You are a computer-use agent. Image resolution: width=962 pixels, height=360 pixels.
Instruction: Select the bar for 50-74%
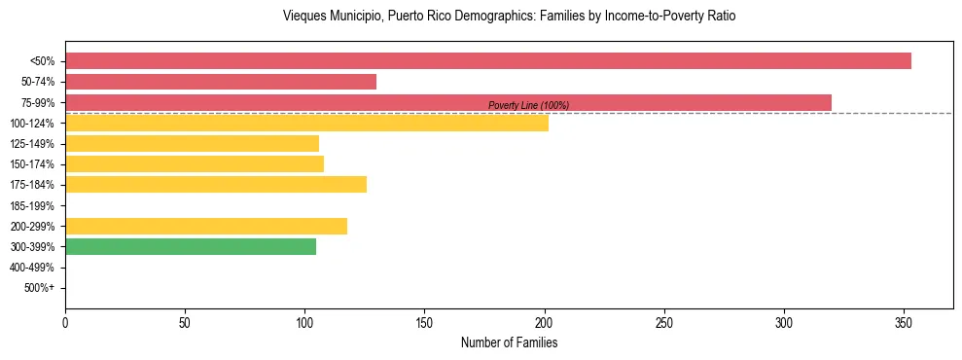221,82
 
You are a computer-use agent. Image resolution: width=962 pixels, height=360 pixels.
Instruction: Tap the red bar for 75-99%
448,102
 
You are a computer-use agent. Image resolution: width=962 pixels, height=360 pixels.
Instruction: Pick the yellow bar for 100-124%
306,124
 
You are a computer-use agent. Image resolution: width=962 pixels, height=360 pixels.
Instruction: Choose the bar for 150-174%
195,164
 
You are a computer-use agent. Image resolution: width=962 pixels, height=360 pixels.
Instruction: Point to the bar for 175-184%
216,185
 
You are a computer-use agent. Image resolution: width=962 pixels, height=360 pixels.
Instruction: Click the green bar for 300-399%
191,247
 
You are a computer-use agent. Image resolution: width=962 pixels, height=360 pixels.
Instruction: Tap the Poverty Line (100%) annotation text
528,105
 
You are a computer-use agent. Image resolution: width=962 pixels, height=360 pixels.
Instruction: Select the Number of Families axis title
509,343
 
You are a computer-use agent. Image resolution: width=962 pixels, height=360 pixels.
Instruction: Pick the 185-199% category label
33,205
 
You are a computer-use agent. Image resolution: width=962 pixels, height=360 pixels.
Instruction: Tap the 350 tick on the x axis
904,322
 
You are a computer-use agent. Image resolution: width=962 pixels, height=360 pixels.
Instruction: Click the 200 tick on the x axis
545,322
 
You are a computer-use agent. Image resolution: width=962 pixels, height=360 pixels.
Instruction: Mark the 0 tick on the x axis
65,322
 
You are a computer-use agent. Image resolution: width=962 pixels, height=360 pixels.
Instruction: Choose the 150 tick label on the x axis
424,322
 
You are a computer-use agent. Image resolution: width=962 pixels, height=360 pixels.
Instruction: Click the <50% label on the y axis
44,61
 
